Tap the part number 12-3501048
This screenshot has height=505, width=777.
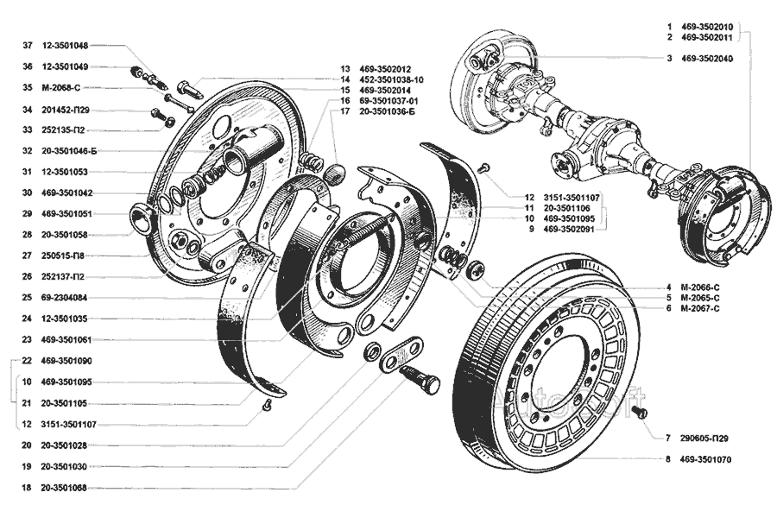pyautogui.click(x=68, y=45)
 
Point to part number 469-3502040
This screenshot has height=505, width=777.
pyautogui.click(x=705, y=59)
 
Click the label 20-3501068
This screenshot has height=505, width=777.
pyautogui.click(x=68, y=488)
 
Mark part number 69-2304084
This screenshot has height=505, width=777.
pyautogui.click(x=67, y=297)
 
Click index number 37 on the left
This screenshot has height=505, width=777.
pyautogui.click(x=28, y=45)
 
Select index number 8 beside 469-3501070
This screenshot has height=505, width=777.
pyautogui.click(x=668, y=460)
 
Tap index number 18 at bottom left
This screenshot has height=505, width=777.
pyautogui.click(x=28, y=488)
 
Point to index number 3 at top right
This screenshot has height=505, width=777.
pyautogui.click(x=668, y=59)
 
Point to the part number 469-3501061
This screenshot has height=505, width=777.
pyautogui.click(x=68, y=339)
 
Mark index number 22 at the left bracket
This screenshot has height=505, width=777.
pyautogui.click(x=28, y=360)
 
